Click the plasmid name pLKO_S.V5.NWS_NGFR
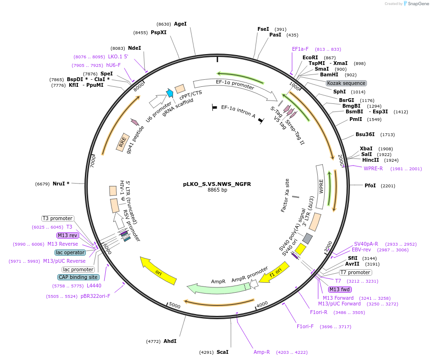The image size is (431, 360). click(x=217, y=184)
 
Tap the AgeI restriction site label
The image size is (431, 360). click(x=180, y=24)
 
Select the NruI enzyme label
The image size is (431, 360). click(x=61, y=184)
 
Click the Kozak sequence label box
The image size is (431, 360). click(x=346, y=83)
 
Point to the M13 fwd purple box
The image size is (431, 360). click(x=340, y=289)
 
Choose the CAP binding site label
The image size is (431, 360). click(x=79, y=277)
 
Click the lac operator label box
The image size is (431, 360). click(x=70, y=252)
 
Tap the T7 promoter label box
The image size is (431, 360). click(x=355, y=272)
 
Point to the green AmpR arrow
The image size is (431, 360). click(x=219, y=287)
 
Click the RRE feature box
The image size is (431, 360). click(x=123, y=142)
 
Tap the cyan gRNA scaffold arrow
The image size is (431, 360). click(x=169, y=93)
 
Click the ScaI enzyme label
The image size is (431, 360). click(x=222, y=352)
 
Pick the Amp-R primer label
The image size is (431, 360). click(x=262, y=352)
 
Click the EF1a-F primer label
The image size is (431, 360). click(x=300, y=49)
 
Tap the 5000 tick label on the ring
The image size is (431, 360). click(x=174, y=305)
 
